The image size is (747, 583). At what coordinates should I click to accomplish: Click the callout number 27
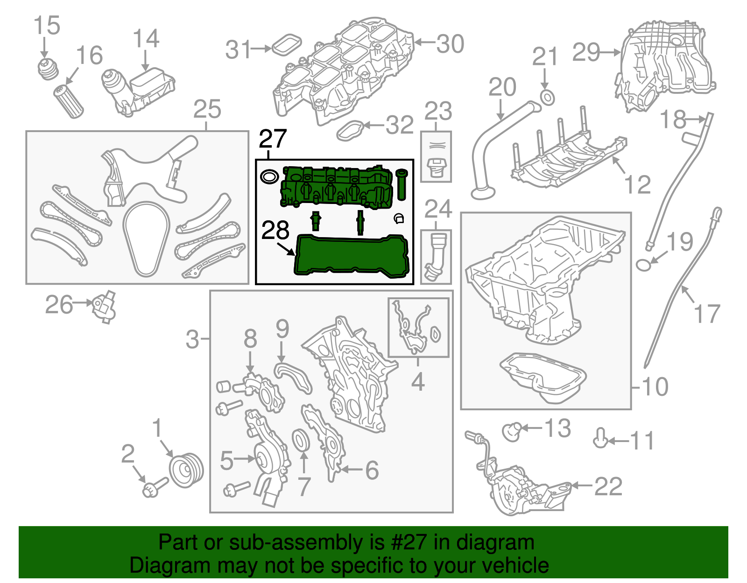pos(272,139)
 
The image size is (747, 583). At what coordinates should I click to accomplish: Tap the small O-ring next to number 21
pos(547,98)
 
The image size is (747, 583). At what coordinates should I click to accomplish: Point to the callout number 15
pos(47,25)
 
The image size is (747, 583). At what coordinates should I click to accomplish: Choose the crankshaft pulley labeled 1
pos(185,470)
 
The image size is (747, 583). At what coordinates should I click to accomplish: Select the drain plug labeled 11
pos(600,439)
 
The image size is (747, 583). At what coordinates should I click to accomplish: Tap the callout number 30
pos(450,44)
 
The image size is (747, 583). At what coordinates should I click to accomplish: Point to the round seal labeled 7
pos(301,440)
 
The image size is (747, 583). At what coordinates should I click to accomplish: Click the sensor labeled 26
pos(104,306)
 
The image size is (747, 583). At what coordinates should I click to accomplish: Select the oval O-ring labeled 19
pos(643,265)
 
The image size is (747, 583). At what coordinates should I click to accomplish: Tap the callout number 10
pos(655,386)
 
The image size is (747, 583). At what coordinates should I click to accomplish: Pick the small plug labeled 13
pos(512,431)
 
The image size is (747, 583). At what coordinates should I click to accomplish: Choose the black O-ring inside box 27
pos(268,176)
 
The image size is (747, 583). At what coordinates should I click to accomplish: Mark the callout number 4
pos(417,381)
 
